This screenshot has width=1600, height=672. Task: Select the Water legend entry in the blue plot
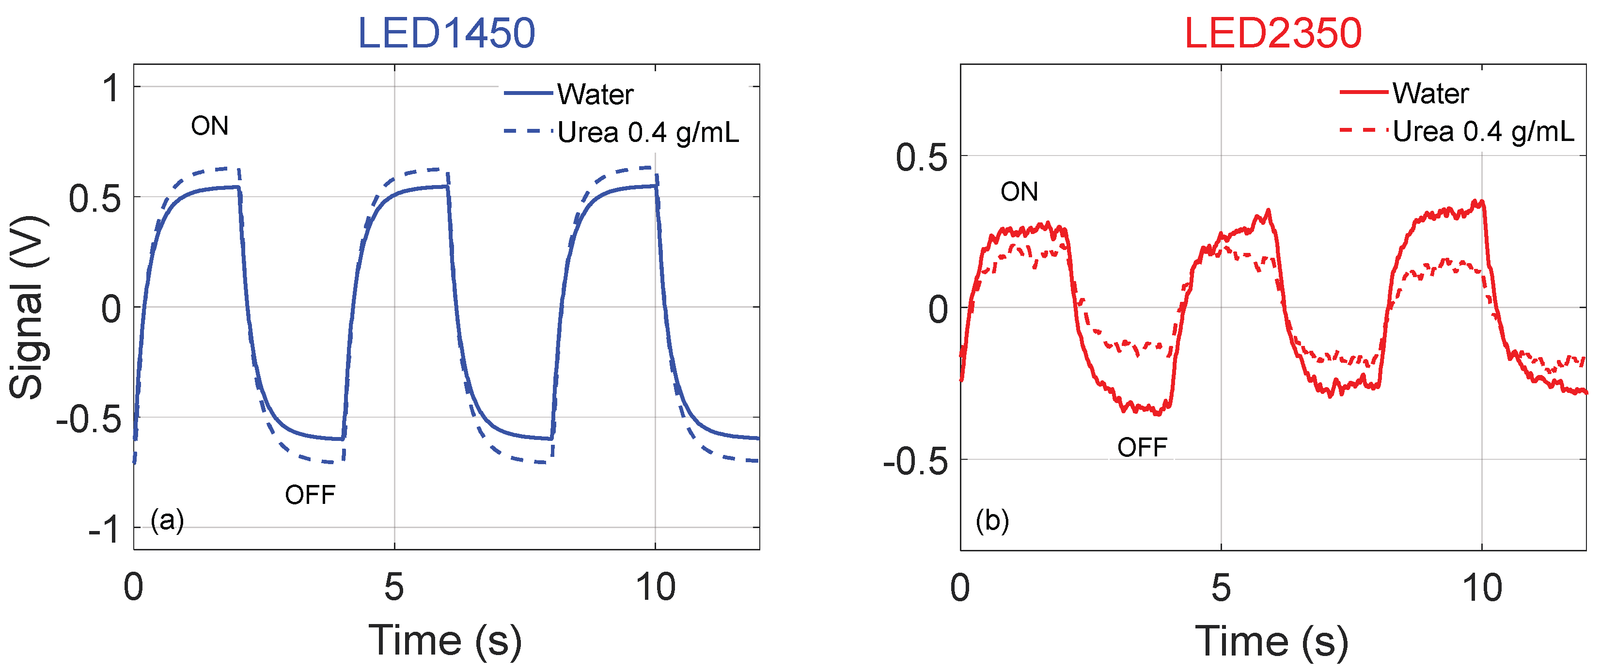point(595,94)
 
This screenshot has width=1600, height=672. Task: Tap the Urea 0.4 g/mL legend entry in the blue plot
point(648,132)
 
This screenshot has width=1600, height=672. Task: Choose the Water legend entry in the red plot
point(1430,93)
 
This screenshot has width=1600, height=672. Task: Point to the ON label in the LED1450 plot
point(210,126)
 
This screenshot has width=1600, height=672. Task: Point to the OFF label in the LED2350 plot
point(1142,447)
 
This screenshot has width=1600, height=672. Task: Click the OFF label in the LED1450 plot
point(310,495)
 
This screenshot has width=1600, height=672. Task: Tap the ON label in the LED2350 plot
point(1019,191)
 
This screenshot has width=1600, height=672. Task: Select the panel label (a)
point(167,520)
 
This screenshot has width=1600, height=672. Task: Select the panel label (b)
point(992,520)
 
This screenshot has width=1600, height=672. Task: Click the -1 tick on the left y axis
point(103,530)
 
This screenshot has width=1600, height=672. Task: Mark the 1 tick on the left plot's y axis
point(110,88)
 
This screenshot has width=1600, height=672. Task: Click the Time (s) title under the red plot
point(1271,641)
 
